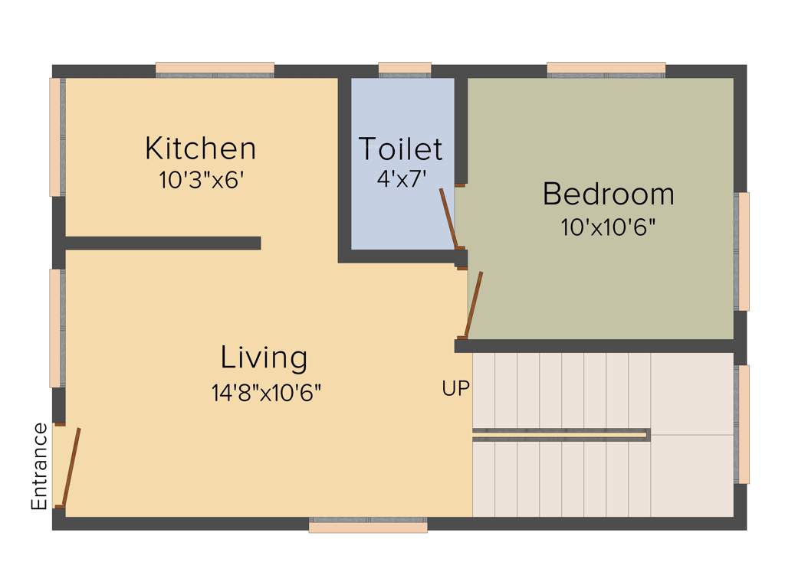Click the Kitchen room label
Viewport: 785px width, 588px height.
click(200, 148)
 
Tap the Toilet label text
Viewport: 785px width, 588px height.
click(400, 148)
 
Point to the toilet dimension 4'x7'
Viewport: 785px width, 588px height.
click(400, 178)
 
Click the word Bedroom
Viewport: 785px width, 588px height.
click(608, 194)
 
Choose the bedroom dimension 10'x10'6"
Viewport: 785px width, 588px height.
click(608, 227)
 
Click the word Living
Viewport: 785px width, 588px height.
click(264, 358)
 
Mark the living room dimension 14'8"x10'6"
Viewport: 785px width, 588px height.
click(266, 393)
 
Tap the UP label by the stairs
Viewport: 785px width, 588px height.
click(455, 389)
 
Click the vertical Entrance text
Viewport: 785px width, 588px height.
click(39, 466)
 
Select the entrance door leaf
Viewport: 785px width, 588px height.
click(71, 467)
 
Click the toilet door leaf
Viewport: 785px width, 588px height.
click(448, 218)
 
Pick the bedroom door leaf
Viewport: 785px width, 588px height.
click(474, 305)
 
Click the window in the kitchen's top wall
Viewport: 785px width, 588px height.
click(215, 70)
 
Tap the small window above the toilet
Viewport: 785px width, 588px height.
click(404, 70)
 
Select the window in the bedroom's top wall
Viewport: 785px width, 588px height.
click(606, 70)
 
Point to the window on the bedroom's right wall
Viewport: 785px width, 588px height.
click(742, 251)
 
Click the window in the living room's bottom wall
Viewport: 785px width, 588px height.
click(368, 525)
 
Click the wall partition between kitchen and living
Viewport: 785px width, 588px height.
click(163, 243)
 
